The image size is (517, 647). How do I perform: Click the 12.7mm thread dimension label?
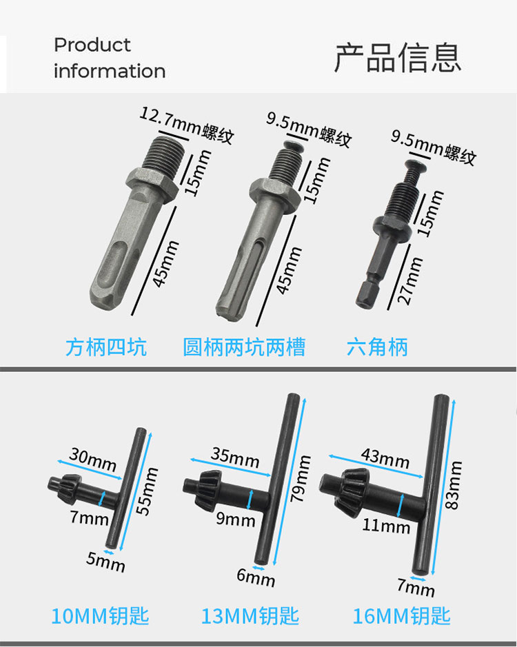pyautogui.click(x=187, y=125)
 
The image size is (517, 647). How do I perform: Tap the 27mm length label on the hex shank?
pyautogui.click(x=409, y=281)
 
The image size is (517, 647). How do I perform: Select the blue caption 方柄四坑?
pyautogui.click(x=106, y=347)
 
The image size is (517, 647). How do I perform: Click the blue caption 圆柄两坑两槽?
pyautogui.click(x=245, y=347)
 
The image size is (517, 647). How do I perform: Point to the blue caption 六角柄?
pyautogui.click(x=377, y=347)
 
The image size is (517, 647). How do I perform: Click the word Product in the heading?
pyautogui.click(x=92, y=45)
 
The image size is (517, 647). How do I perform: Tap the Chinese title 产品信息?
pyautogui.click(x=397, y=58)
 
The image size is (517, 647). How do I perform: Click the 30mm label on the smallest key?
pyautogui.click(x=93, y=459)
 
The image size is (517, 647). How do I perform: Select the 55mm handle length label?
pyautogui.click(x=147, y=491)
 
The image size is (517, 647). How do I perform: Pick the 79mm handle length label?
pyautogui.click(x=301, y=479)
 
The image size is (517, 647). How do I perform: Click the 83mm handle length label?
pyautogui.click(x=453, y=485)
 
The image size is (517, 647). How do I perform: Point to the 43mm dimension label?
pyautogui.click(x=385, y=458)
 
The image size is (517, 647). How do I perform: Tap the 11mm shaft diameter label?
pyautogui.click(x=386, y=526)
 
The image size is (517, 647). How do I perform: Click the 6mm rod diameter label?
pyautogui.click(x=256, y=577)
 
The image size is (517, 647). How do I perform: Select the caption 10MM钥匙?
pyautogui.click(x=100, y=616)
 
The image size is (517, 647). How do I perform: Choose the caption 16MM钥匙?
pyautogui.click(x=401, y=616)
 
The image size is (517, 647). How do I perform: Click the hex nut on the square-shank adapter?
pyautogui.click(x=152, y=185)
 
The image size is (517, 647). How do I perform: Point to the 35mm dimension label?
pyautogui.click(x=235, y=458)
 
